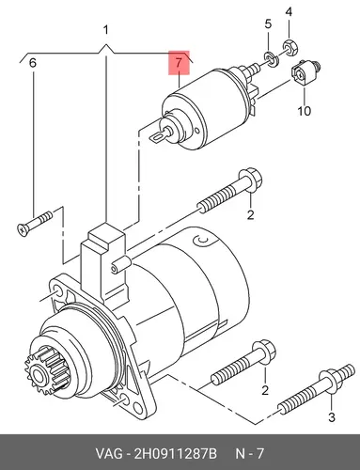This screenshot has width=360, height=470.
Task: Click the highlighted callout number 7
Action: [x=179, y=63]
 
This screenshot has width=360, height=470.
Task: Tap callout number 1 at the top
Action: [x=106, y=30]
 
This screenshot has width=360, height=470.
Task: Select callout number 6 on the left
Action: [x=33, y=63]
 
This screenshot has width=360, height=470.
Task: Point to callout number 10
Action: [x=304, y=111]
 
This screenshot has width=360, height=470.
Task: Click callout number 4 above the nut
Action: [x=289, y=12]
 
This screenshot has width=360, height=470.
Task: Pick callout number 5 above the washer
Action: [x=268, y=23]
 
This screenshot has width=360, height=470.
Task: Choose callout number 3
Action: [x=332, y=417]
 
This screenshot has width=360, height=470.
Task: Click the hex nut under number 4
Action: [x=290, y=46]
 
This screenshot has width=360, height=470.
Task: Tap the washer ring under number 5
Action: [x=271, y=59]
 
